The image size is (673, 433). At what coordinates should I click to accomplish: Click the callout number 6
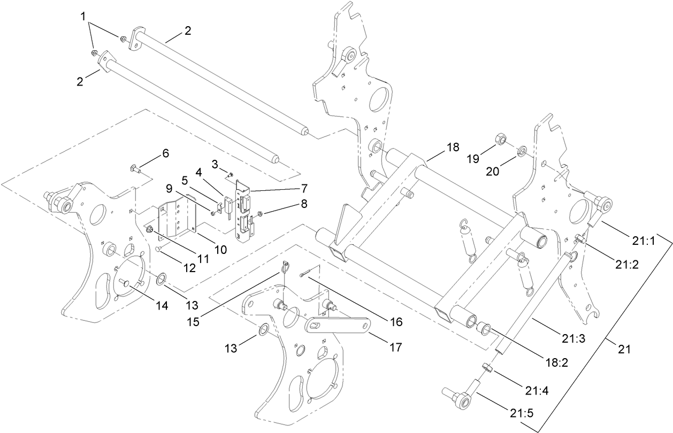(165, 153)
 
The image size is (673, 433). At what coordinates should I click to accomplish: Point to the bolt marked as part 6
(134, 170)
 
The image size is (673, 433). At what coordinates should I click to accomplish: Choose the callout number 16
(396, 322)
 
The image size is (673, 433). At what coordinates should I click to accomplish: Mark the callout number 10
(220, 249)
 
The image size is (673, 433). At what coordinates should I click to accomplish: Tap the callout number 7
(303, 188)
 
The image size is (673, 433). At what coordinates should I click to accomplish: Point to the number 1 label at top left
(83, 17)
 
